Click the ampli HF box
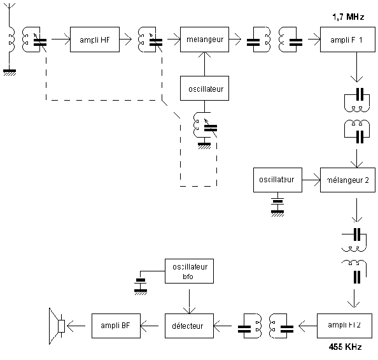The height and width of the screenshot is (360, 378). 95,40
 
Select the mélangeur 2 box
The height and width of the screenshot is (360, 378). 347,180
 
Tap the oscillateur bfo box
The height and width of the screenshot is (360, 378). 189,271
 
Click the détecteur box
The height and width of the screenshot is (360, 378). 189,326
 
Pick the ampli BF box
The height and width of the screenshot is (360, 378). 116,326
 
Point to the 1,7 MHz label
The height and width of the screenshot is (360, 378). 348,17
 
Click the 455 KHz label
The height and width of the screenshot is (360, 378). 345,347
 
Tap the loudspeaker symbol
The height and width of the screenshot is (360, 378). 57,326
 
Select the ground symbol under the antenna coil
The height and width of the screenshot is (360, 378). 10,73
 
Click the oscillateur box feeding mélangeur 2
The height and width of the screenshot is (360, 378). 277,180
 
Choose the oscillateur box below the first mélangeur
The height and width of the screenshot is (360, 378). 204,88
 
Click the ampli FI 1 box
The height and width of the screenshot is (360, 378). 347,40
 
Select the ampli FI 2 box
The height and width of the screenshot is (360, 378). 344,326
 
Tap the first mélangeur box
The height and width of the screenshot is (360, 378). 204,40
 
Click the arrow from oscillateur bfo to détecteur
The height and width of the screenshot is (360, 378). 189,301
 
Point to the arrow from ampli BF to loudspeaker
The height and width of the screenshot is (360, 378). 76,326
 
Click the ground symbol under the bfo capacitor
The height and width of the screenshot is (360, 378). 141,292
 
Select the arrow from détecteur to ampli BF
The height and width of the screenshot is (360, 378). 150,326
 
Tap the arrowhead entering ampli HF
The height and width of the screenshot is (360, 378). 67,39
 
